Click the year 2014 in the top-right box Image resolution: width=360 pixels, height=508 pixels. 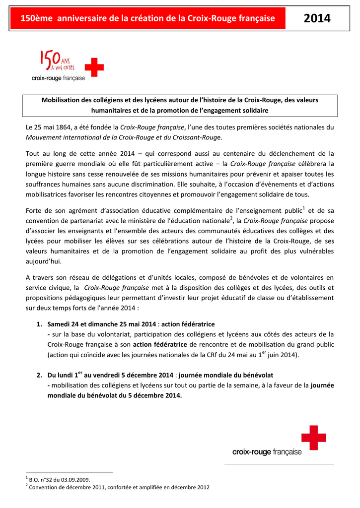coord(317,19)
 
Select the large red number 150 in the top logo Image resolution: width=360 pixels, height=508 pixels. coord(50,61)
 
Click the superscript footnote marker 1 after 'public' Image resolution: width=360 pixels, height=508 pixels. coord(303,207)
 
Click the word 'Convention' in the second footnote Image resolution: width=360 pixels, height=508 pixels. coord(43,487)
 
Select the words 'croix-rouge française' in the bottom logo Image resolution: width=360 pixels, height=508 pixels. coord(267,452)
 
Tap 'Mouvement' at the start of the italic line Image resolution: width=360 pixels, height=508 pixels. coord(45,137)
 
